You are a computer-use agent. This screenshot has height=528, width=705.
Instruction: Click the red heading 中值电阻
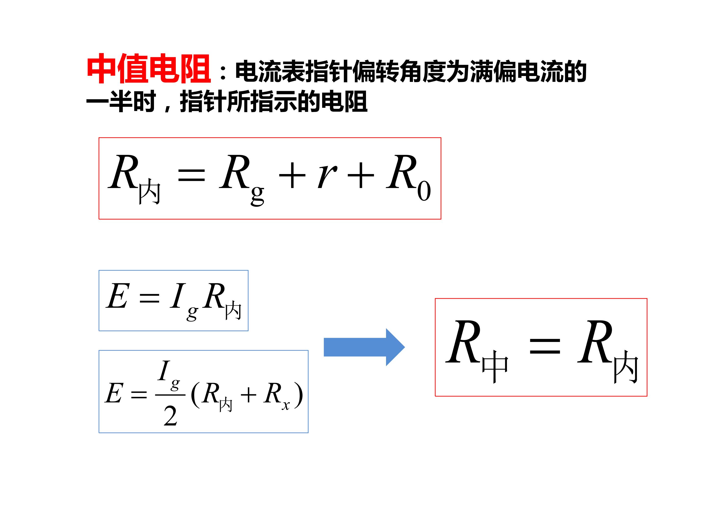[x=149, y=69]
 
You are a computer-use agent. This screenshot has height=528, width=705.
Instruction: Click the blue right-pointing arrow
[x=364, y=347]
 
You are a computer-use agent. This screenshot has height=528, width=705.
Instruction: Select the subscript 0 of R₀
[x=424, y=191]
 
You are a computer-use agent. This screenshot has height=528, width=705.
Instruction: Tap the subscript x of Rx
[x=286, y=406]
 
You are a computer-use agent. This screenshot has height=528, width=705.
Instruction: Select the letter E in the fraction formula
[x=114, y=393]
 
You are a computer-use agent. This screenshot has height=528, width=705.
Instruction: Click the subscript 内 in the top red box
[x=150, y=191]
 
